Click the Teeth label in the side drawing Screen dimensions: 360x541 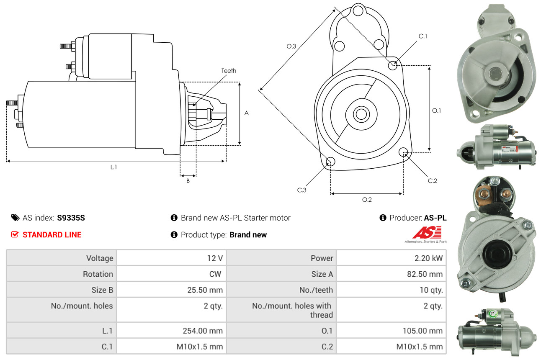click(229, 71)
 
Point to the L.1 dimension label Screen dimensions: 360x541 click(113, 167)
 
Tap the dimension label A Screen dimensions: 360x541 click(247, 113)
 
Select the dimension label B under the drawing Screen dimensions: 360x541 click(188, 181)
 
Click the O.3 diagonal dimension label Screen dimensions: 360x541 click(291, 46)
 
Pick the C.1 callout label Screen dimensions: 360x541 click(423, 36)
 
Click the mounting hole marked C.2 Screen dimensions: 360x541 click(404, 152)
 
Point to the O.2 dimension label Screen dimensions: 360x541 click(367, 200)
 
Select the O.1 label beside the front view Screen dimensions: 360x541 click(436, 111)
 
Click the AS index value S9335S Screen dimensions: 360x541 click(71, 218)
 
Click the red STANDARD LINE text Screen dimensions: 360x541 click(52, 235)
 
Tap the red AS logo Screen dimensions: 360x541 click(427, 233)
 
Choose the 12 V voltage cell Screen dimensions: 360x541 click(215, 258)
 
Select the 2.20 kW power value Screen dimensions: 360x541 click(428, 258)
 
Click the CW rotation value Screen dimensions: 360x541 click(217, 274)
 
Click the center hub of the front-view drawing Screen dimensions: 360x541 click(360, 113)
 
